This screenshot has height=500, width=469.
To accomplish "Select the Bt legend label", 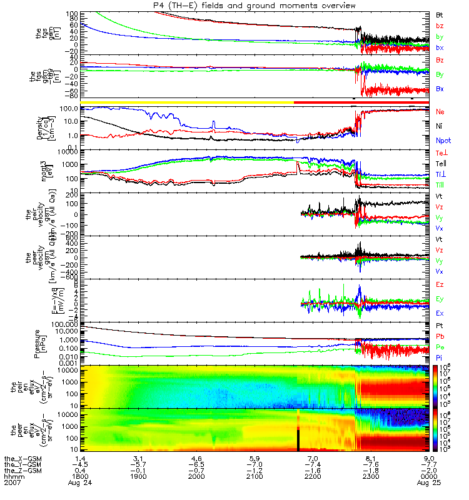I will click(x=440, y=14).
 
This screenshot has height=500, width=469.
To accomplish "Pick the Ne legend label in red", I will click(x=440, y=111).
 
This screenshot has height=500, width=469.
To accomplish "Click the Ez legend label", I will click(x=440, y=284).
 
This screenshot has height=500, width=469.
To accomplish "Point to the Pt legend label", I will click(x=440, y=326).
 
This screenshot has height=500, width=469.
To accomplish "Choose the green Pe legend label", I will click(x=440, y=347).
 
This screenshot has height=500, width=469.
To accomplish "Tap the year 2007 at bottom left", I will click(x=11, y=483).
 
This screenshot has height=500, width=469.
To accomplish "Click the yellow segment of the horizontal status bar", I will click(x=188, y=101).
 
